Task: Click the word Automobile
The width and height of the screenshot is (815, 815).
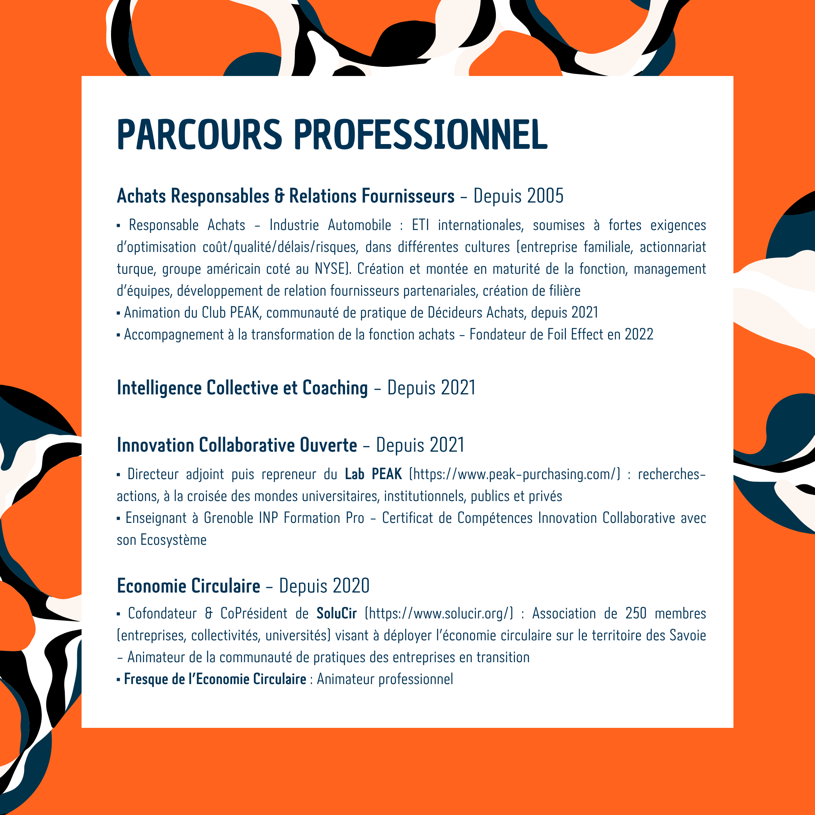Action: pyautogui.click(x=359, y=225)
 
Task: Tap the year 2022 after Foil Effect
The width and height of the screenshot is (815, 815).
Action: pyautogui.click(x=639, y=335)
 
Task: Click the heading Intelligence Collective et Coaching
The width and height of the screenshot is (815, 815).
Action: pyautogui.click(x=242, y=388)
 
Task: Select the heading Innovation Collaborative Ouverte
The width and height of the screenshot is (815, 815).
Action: pyautogui.click(x=237, y=445)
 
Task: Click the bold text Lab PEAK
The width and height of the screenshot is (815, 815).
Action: pyautogui.click(x=373, y=474)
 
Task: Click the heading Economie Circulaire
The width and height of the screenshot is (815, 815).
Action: pyautogui.click(x=189, y=586)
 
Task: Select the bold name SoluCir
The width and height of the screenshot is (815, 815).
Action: pyautogui.click(x=337, y=613)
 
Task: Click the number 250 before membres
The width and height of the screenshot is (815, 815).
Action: pyautogui.click(x=636, y=613)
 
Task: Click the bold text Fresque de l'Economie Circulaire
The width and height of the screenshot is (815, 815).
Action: pyautogui.click(x=215, y=679)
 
